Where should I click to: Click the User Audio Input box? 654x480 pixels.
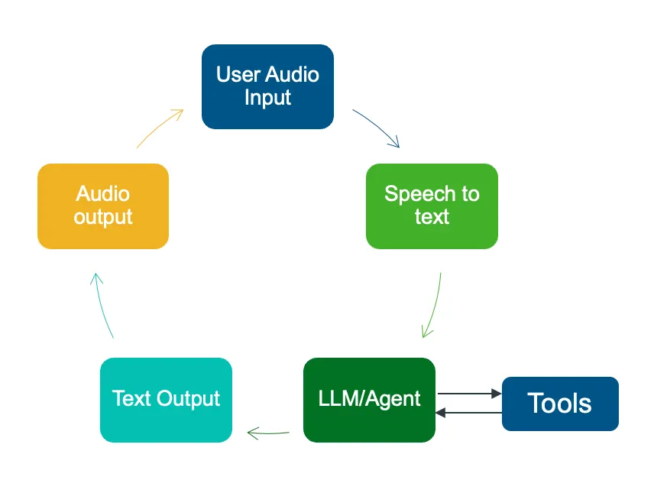pyautogui.click(x=267, y=86)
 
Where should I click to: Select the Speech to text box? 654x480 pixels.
pyautogui.click(x=432, y=206)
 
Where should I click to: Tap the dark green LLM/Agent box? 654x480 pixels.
pyautogui.click(x=369, y=399)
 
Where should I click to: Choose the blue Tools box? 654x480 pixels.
pyautogui.click(x=560, y=404)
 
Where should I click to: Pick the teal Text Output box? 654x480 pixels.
pyautogui.click(x=166, y=399)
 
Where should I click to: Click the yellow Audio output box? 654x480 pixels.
pyautogui.click(x=102, y=206)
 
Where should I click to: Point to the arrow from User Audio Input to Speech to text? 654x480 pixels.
pyautogui.click(x=377, y=128)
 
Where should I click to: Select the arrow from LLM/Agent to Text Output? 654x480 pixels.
pyautogui.click(x=268, y=433)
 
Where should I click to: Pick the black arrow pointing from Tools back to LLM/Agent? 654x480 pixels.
pyautogui.click(x=468, y=413)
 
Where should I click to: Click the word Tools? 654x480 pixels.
pyautogui.click(x=560, y=404)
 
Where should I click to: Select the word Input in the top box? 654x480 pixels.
pyautogui.click(x=267, y=98)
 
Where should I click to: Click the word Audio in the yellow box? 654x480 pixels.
pyautogui.click(x=102, y=194)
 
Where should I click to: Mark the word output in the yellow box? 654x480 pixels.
pyautogui.click(x=102, y=217)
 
